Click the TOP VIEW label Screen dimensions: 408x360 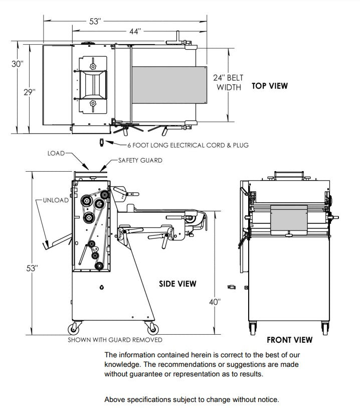click(270, 86)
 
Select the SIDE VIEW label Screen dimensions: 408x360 click(177, 284)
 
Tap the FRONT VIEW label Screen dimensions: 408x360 click(289, 340)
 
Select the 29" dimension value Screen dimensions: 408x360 click(30, 92)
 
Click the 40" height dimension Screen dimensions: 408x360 click(215, 302)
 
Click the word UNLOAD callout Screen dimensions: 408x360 click(55, 200)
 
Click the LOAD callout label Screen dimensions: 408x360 click(56, 153)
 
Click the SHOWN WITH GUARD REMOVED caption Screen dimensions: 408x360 click(115, 340)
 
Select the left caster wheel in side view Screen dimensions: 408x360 click(74, 329)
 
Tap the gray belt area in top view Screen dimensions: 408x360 click(169, 84)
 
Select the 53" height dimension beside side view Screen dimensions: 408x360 click(32, 268)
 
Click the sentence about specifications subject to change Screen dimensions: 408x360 click(191, 399)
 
